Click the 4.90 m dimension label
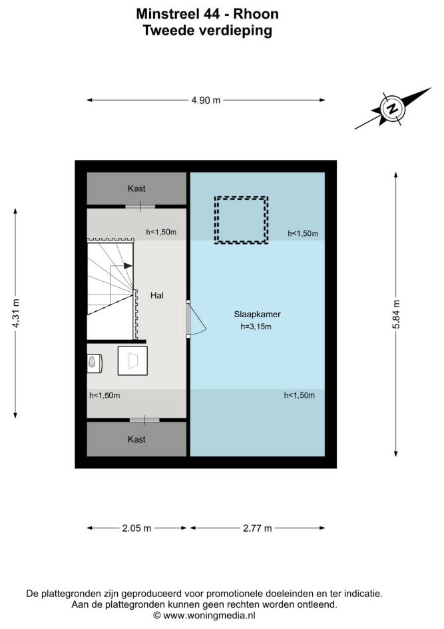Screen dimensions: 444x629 click(206, 101)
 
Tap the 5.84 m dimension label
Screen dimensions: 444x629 click(396, 314)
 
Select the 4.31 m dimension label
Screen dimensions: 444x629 click(15, 313)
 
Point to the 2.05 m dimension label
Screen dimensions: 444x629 click(136, 528)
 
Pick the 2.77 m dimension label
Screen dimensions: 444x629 click(257, 528)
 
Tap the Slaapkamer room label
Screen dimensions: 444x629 click(257, 314)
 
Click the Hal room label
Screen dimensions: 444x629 click(156, 296)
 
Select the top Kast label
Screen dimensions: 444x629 click(136, 189)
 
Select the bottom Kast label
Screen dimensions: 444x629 click(136, 439)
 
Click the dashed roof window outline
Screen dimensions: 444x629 click(241, 197)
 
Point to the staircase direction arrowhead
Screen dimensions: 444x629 click(128, 266)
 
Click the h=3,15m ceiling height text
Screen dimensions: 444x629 click(256, 326)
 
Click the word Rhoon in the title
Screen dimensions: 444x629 click(256, 14)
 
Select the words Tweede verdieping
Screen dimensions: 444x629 click(208, 31)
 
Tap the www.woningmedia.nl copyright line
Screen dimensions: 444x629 click(204, 615)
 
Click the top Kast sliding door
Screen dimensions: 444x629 click(140, 207)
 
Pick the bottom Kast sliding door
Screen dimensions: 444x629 click(144, 420)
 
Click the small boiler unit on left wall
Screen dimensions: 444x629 click(95, 362)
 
